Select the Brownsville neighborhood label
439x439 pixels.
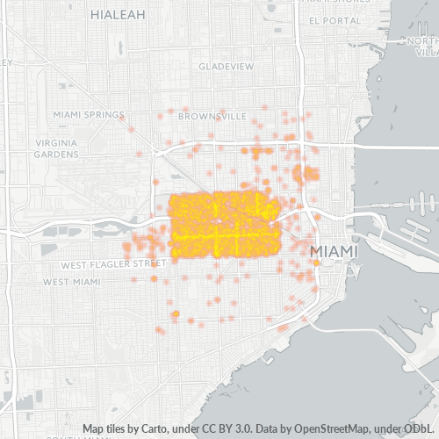point(212,115)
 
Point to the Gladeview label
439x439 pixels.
point(226,67)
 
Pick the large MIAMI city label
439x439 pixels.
point(335,252)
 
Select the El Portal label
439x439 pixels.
point(329,20)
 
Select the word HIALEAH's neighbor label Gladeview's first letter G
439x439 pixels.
point(201,67)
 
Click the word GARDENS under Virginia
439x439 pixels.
point(56,154)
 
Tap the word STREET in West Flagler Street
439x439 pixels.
point(148,263)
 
